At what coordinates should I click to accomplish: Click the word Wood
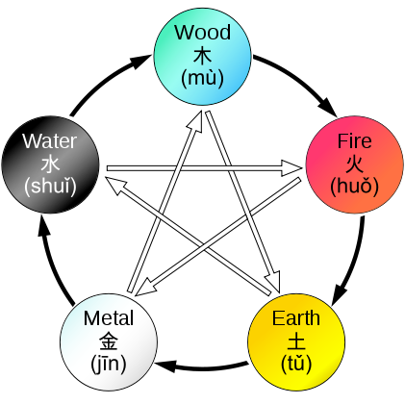tap(203, 32)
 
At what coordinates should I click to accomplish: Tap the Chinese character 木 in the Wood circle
tap(202, 55)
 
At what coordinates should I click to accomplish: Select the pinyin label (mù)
tap(202, 78)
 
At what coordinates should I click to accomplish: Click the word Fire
tap(355, 141)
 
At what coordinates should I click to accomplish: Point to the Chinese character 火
tap(355, 164)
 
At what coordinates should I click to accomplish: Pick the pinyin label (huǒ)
tap(355, 187)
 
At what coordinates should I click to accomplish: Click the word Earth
tap(296, 318)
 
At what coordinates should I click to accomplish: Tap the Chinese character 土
tap(296, 341)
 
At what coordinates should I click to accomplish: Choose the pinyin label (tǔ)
tap(296, 364)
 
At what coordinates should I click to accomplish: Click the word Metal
tap(109, 318)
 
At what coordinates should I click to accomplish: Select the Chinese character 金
tap(109, 341)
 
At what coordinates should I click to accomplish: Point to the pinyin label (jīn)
tap(109, 364)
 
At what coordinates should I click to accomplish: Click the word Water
tap(50, 141)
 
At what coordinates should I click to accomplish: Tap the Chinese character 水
tap(50, 164)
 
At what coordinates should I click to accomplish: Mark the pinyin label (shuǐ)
tap(50, 187)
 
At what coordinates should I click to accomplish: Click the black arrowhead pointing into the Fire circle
tap(328, 108)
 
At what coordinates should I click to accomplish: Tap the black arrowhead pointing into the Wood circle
tap(140, 61)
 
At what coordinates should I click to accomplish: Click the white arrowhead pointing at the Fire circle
tap(291, 167)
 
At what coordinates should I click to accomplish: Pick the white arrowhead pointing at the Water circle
tap(116, 186)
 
